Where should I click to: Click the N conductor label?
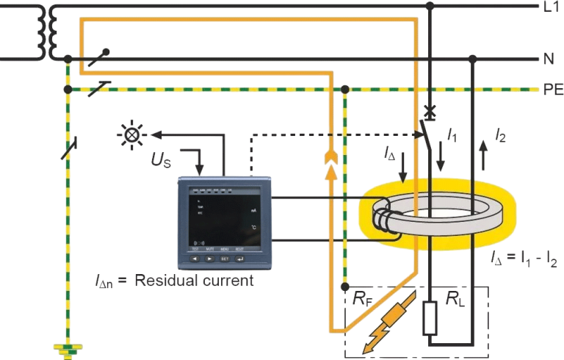pos(548,60)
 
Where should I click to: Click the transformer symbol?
pos(51,33)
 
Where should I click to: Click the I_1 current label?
pos(453,135)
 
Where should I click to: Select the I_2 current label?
pos(499,135)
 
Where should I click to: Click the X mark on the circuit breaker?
pos(430,109)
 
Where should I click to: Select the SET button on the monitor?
pos(225,259)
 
